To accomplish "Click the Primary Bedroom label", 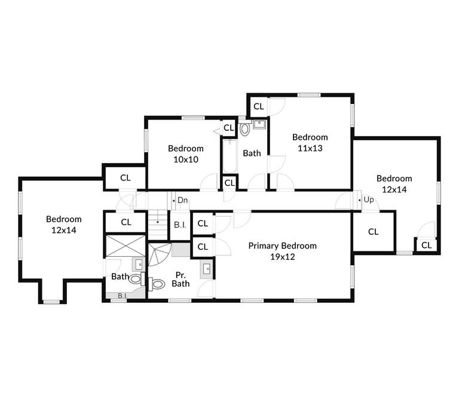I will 282,245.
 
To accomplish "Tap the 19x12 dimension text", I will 282,257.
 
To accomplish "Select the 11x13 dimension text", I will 310,148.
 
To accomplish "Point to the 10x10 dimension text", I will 185,159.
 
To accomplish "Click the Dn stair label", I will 182,200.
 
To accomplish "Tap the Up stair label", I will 368,199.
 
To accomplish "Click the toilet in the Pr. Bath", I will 157,284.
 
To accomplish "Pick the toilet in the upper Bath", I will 244,128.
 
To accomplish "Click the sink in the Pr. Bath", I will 206,268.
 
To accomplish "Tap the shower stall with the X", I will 126,246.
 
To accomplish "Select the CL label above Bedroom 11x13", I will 258,106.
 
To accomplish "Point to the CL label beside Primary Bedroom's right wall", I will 373,232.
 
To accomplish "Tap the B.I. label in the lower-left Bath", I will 121,295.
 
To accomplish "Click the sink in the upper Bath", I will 259,125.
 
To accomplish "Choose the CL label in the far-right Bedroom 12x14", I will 426,245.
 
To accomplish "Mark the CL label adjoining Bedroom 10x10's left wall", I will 126,177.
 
